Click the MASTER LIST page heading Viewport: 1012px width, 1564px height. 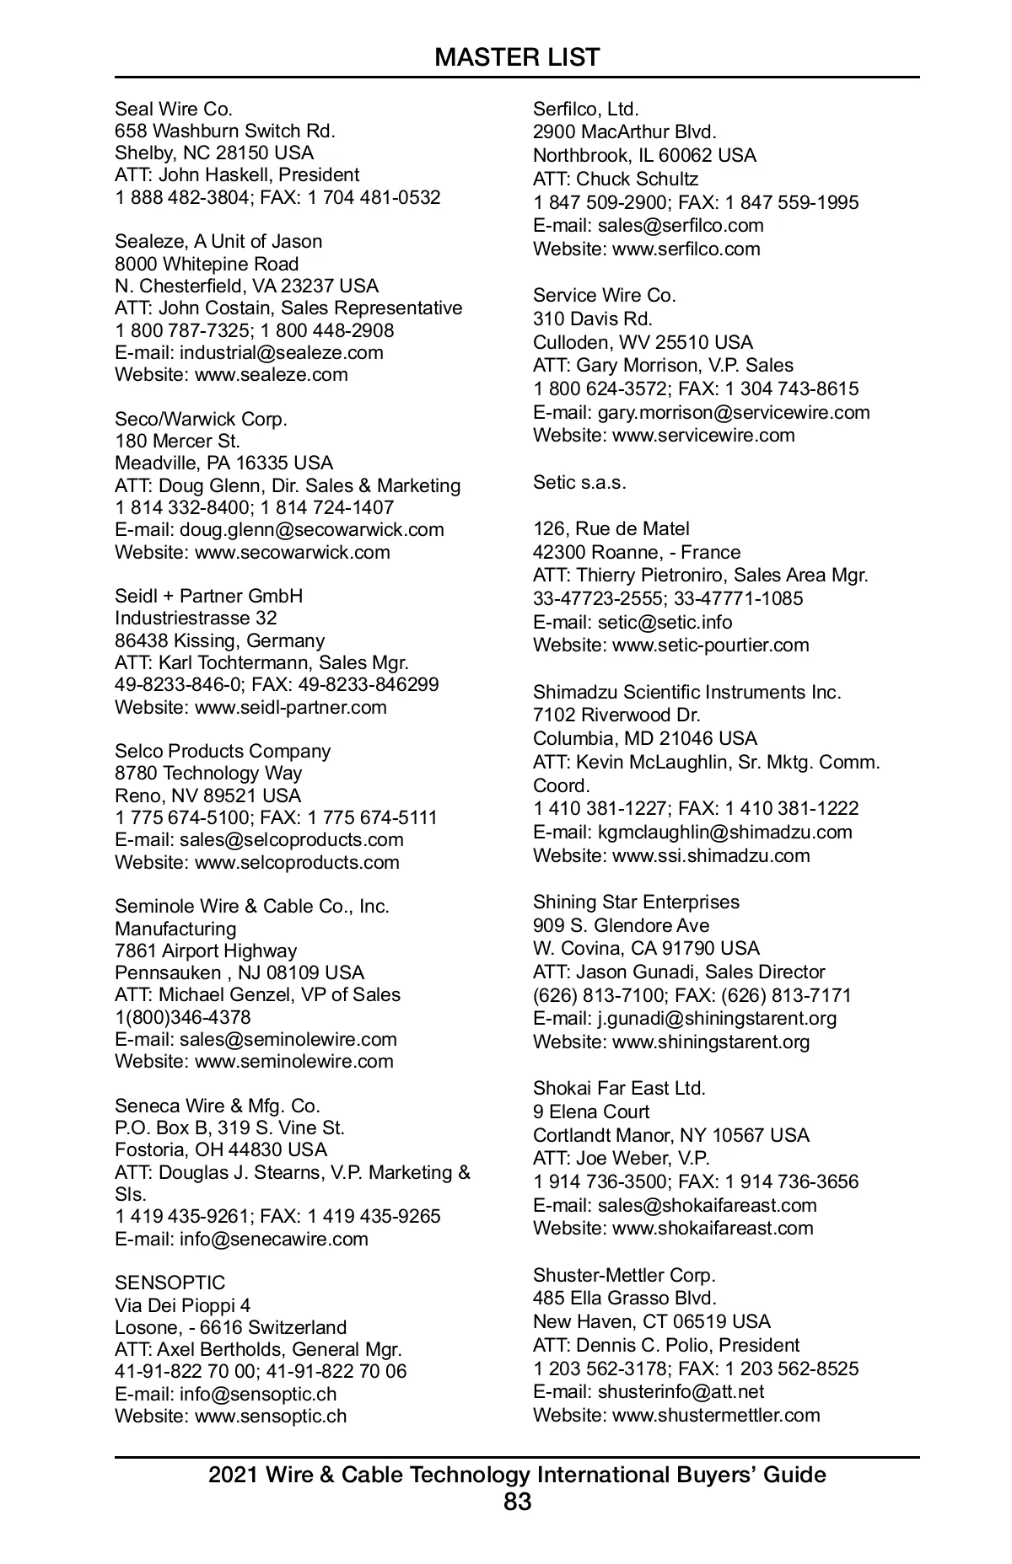(x=517, y=57)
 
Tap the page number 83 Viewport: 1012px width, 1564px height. (x=517, y=1502)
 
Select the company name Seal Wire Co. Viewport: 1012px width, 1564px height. (x=174, y=109)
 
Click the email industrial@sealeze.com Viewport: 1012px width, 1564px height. (x=281, y=352)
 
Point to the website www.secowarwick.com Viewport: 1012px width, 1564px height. (x=292, y=552)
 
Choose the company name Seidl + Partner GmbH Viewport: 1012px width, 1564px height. (x=208, y=596)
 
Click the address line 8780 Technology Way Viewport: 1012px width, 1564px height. (x=208, y=773)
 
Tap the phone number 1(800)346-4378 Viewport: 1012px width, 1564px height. (x=183, y=1017)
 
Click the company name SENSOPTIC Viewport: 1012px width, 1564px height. (x=170, y=1283)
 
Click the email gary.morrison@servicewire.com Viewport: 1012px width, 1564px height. (x=734, y=412)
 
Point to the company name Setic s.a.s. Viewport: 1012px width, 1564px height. (x=579, y=483)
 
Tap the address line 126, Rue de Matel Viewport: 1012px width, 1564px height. (x=611, y=528)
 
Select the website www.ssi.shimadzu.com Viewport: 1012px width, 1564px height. (x=710, y=855)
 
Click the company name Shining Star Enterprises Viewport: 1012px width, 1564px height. (x=636, y=902)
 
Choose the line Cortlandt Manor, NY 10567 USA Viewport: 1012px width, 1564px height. (x=670, y=1135)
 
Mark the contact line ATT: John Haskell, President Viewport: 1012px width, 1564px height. (x=237, y=174)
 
